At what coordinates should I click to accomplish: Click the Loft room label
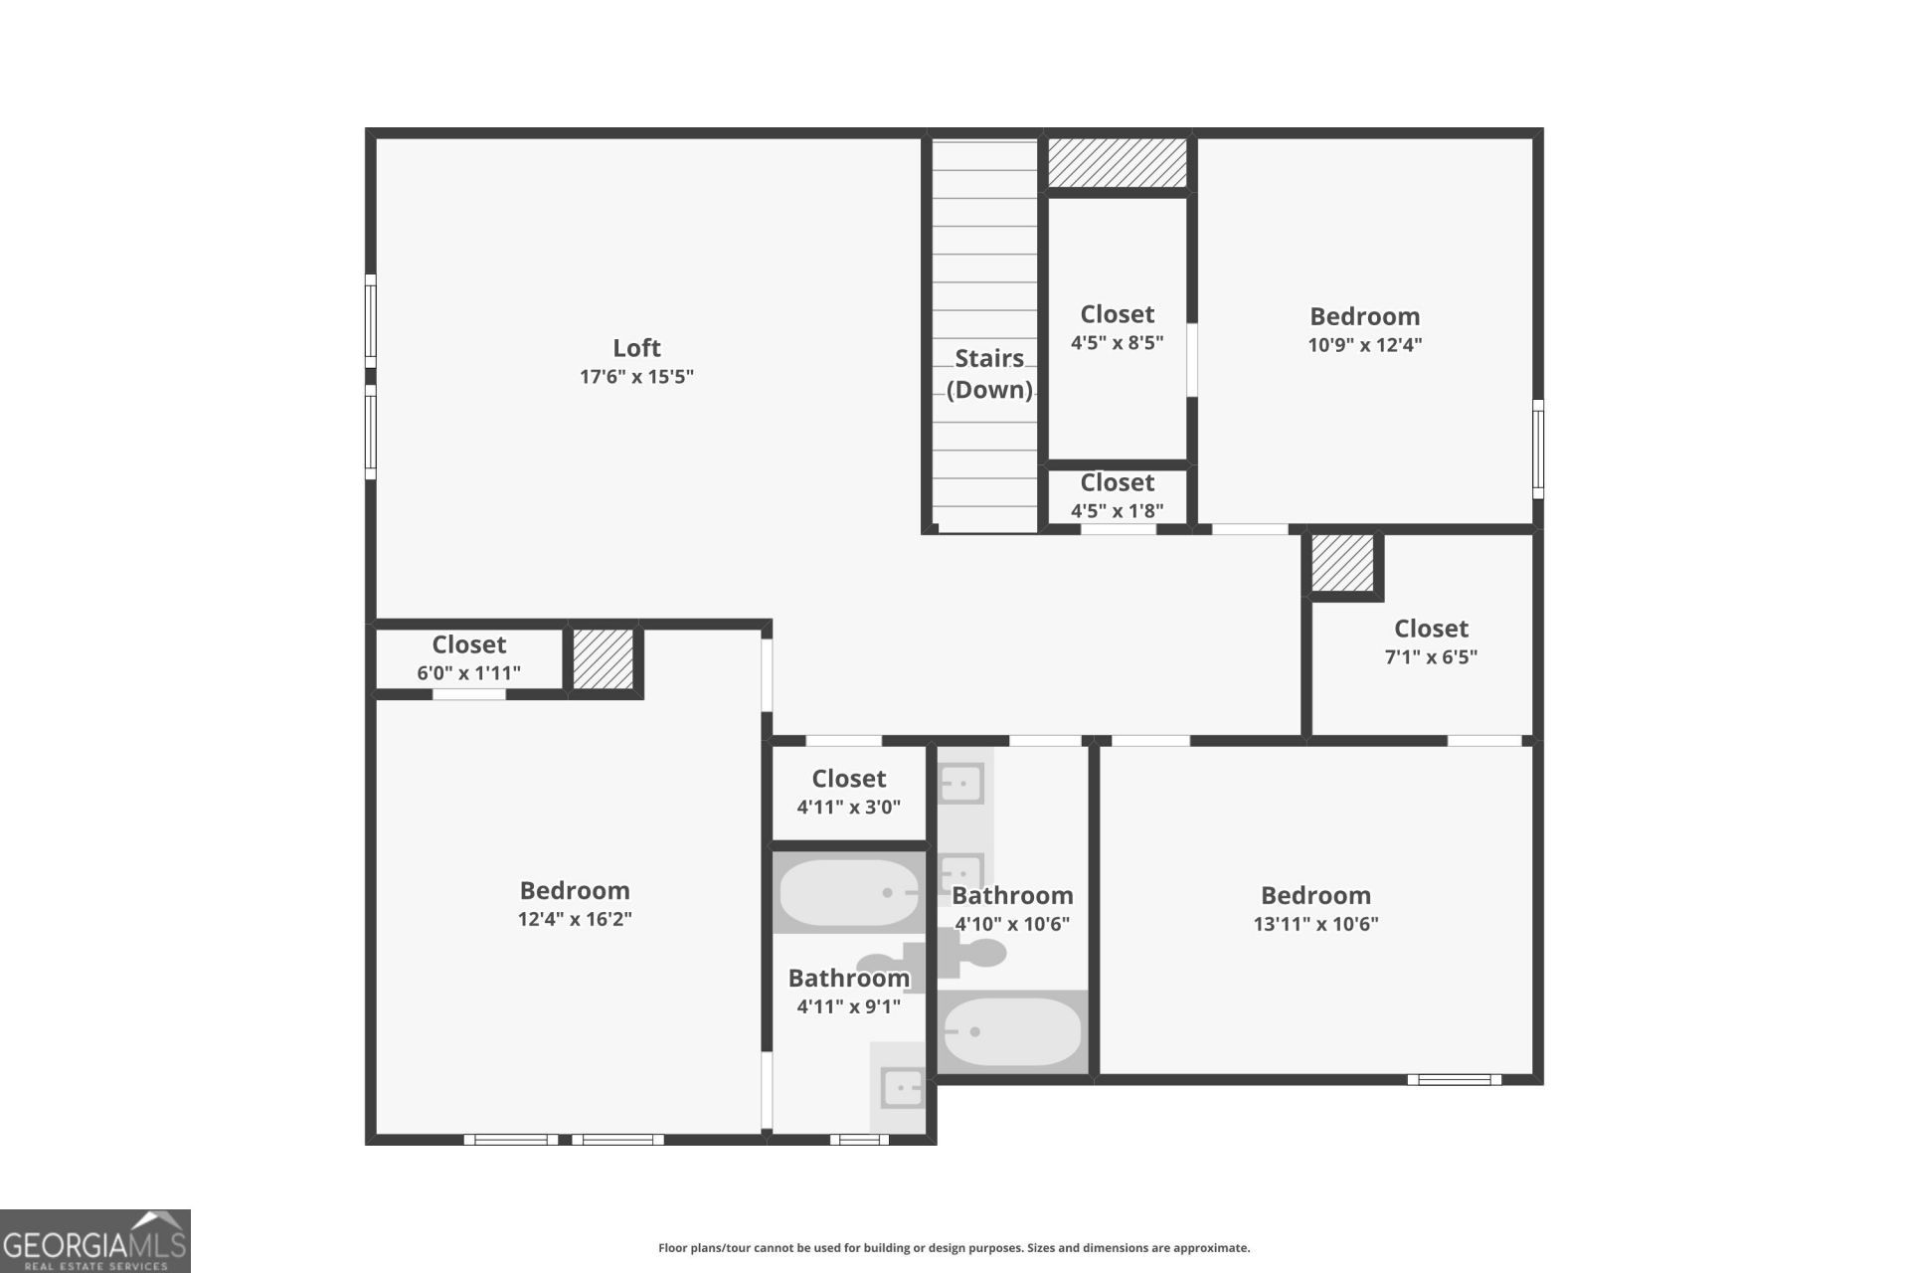636,348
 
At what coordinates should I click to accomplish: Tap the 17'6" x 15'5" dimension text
636,377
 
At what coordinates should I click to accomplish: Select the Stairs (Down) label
989,374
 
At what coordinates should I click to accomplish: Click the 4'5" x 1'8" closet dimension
1117,511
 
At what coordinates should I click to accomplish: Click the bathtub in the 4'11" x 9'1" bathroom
848,892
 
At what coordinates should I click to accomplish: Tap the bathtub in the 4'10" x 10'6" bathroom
1012,1031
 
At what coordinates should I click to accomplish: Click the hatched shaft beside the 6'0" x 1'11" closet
604,658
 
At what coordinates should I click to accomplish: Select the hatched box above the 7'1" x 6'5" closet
1342,563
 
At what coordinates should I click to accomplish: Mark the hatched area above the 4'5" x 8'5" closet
1118,162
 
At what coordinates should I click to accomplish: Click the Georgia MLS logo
95,1241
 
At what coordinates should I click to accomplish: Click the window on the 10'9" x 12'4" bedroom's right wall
1538,449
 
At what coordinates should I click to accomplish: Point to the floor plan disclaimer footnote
954,1248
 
